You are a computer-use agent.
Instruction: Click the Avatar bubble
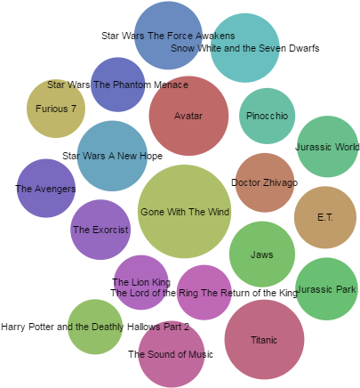pos(188,116)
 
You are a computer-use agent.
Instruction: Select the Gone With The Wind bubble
pos(185,211)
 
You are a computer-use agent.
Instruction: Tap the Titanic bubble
pos(264,339)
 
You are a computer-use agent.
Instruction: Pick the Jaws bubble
pos(261,255)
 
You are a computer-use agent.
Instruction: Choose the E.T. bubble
pos(325,217)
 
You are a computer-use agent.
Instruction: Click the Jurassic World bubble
pos(326,147)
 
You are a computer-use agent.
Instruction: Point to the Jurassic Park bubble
pos(326,289)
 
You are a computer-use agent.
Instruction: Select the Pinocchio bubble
pos(267,116)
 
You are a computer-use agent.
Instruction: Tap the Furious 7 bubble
pos(56,109)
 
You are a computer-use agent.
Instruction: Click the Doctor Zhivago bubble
pos(265,182)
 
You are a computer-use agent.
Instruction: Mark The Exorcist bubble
pos(100,230)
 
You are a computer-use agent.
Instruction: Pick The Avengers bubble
pos(46,189)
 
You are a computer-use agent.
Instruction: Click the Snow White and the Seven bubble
pos(244,48)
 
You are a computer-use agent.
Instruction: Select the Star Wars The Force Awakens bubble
pos(168,36)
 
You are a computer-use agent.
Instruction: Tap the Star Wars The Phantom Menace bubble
pos(118,85)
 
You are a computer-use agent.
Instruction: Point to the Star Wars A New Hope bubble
pos(112,156)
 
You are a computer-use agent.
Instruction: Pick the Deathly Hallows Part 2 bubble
pos(95,327)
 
